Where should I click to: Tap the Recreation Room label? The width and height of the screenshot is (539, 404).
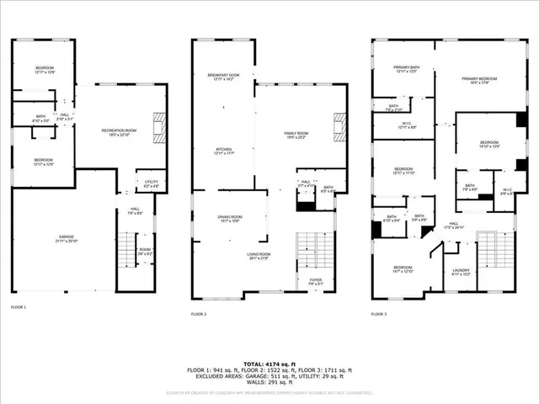pos(119,132)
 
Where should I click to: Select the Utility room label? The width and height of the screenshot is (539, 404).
pos(152,183)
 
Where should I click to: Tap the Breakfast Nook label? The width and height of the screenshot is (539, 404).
pos(224,77)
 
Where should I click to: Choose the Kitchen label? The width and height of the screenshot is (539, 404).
pos(224,151)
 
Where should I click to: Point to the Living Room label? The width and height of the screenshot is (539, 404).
pos(259,256)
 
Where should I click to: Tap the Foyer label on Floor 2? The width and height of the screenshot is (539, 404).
pos(316,282)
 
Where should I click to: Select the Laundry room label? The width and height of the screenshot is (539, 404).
pos(461,272)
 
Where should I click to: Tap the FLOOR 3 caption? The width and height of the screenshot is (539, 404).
pos(380,314)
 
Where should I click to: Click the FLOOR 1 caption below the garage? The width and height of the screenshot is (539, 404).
pos(18,307)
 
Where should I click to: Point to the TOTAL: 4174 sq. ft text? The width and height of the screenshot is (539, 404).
pos(269,362)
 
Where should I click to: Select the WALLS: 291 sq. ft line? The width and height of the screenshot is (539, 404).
pos(269,382)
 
